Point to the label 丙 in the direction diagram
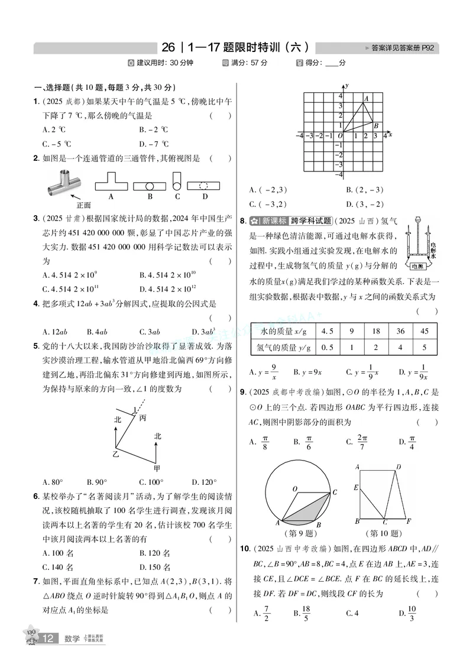coord(142,418)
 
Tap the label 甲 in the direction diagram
coord(157,467)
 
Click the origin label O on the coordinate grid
coord(340,136)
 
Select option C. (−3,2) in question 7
coord(268,204)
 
